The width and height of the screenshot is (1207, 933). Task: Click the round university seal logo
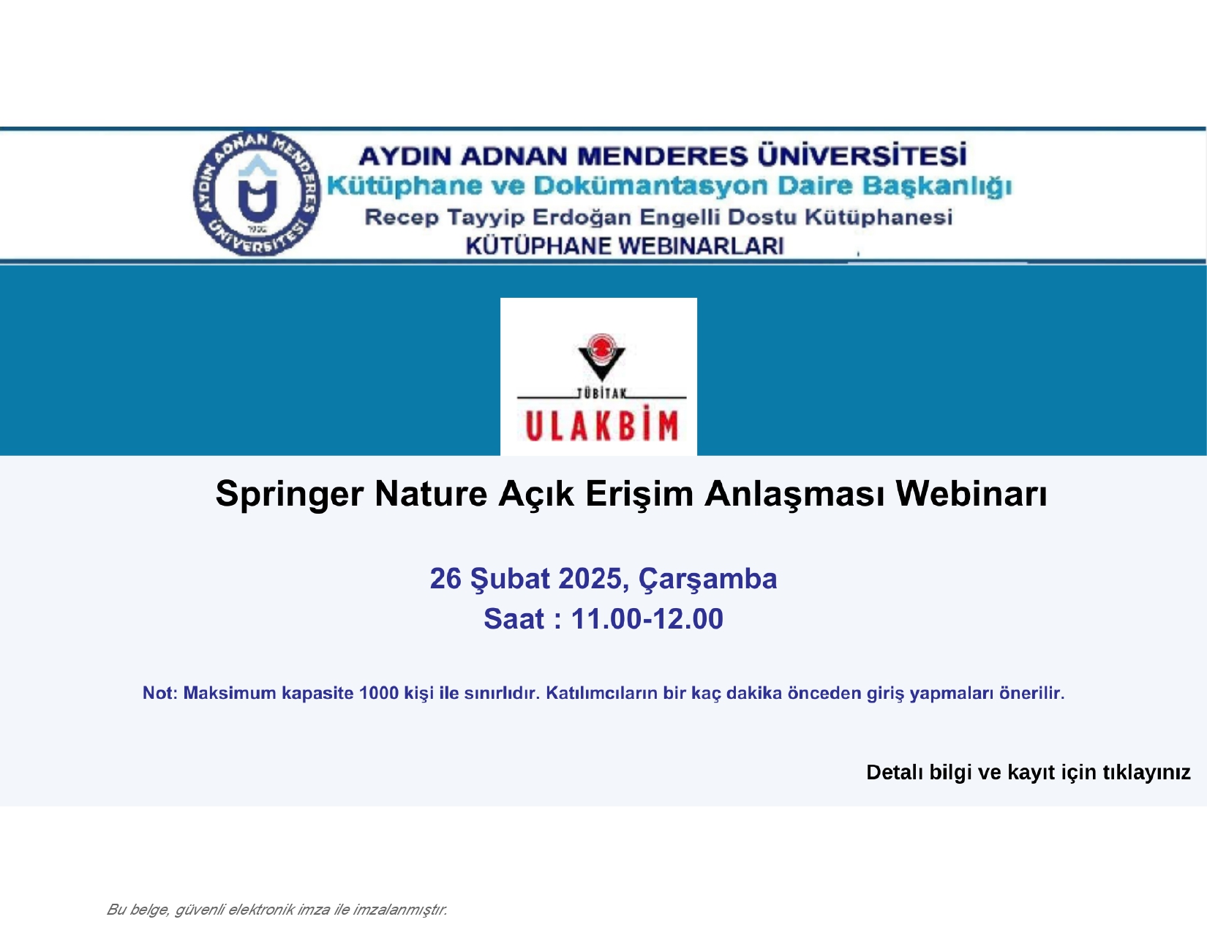tap(257, 193)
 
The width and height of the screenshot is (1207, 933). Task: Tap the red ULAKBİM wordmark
tap(601, 426)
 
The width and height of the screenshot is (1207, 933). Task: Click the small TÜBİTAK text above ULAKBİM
tap(601, 394)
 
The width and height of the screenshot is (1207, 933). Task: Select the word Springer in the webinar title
tap(290, 494)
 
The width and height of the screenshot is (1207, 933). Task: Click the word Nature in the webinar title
tap(430, 493)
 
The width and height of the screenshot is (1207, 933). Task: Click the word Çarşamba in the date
tap(707, 580)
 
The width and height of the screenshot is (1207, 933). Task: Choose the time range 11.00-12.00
tap(647, 619)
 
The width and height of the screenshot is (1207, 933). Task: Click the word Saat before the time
tap(514, 619)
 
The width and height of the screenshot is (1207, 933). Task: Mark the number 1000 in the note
tap(379, 693)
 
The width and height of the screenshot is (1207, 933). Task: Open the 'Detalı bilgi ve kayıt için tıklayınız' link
tap(1028, 773)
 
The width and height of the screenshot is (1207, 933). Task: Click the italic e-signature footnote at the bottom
tap(277, 910)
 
